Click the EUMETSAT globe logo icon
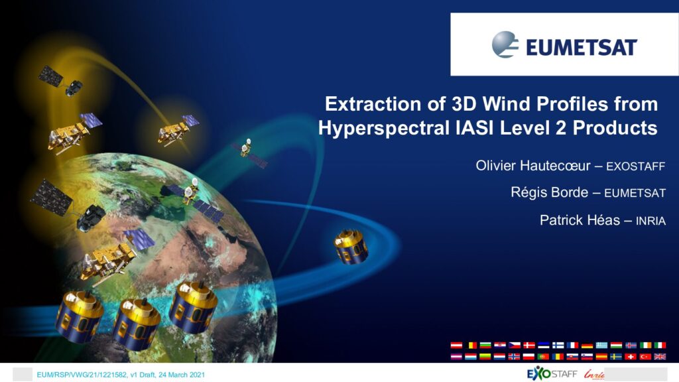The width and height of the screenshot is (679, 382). tap(505, 44)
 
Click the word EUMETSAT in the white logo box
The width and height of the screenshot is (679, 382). tap(581, 47)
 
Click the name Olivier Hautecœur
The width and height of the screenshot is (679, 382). tap(533, 165)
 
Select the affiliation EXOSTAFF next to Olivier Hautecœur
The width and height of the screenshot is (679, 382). tap(635, 166)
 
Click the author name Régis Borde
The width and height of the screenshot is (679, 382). tap(549, 192)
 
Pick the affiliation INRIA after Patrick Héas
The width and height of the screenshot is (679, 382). tap(650, 222)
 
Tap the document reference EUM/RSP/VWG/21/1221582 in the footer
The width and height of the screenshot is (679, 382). tap(82, 375)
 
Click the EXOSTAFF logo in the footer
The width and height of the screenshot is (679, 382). tap(552, 373)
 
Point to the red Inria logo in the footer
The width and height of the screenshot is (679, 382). tap(593, 374)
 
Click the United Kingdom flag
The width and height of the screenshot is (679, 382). tap(660, 356)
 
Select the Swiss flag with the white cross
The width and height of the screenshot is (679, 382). tap(631, 356)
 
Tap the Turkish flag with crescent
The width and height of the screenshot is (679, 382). tap(645, 356)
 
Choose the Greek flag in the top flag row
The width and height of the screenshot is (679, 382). tap(601, 345)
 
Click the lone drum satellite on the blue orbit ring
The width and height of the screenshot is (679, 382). tap(351, 247)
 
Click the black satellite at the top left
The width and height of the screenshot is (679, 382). tap(60, 81)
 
